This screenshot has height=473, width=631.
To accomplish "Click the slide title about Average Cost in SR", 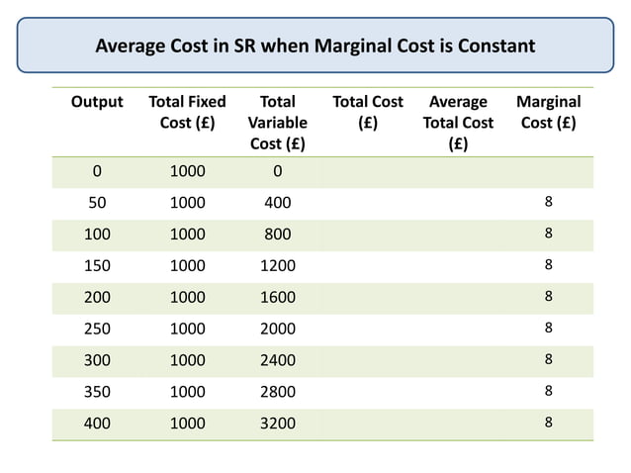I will (315, 46).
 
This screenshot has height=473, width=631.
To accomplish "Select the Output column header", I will (96, 102).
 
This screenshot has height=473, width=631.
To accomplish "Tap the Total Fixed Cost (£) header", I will (186, 113).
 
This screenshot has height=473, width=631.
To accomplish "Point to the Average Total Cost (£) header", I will (457, 123).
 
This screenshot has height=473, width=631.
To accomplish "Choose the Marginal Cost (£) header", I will (548, 113).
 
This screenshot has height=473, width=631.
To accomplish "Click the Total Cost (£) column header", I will (367, 113).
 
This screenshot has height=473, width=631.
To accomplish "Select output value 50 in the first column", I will (96, 204).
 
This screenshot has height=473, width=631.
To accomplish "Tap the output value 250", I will (96, 328).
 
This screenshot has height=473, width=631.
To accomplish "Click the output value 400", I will (96, 423).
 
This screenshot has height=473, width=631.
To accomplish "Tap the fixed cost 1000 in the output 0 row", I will (186, 171).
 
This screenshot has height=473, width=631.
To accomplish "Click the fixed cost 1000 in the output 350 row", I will (186, 391).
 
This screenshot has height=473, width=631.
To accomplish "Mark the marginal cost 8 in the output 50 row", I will (549, 204).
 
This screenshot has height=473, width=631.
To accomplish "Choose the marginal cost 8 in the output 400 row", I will (549, 423).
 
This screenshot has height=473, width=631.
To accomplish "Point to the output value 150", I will (96, 265).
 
